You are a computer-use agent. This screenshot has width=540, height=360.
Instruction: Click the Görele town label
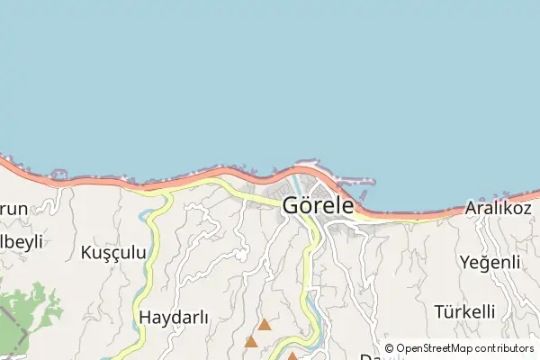tap(318, 205)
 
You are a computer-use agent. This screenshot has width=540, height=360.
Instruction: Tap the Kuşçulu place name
tap(113, 252)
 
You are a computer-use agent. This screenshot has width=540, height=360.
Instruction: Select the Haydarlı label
tap(174, 317)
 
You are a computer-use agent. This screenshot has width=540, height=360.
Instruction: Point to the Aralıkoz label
tap(500, 209)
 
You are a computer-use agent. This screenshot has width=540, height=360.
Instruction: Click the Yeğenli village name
tap(490, 262)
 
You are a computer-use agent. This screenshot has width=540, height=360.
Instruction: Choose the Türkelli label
tap(464, 311)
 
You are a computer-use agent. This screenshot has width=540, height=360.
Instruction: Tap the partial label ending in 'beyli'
tap(18, 243)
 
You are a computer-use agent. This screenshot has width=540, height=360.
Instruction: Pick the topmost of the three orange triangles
tap(265, 324)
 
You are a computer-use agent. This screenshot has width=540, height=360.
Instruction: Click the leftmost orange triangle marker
tap(251, 342)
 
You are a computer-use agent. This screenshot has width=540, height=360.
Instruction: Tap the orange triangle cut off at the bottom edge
tap(292, 356)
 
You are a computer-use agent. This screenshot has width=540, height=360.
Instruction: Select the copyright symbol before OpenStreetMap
tap(389, 348)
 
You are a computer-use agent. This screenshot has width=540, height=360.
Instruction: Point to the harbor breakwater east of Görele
tap(355, 180)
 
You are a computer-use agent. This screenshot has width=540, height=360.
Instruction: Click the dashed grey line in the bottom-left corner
tap(9, 320)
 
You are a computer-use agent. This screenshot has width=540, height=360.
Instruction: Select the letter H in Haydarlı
tap(146, 317)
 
